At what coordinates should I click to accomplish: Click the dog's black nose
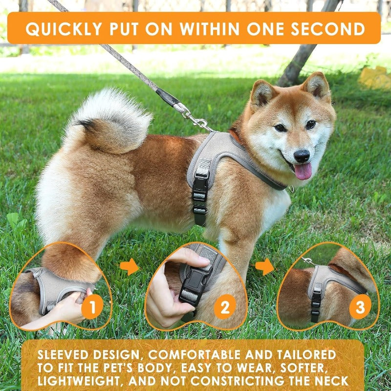302,156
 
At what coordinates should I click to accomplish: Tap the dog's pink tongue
303,171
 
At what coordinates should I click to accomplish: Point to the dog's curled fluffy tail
110,120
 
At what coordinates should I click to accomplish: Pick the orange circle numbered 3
360,307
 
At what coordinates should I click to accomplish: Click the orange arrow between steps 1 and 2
130,267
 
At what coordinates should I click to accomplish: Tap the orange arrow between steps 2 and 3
264,267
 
